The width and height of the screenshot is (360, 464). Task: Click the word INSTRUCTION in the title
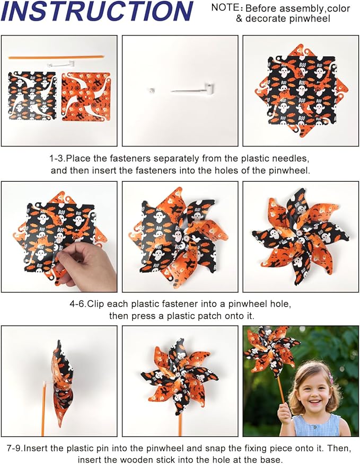[x=98, y=12]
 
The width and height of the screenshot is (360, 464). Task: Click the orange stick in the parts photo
[x=56, y=57]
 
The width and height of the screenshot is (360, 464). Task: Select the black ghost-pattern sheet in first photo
[x=32, y=96]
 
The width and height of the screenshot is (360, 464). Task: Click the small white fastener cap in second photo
[x=151, y=91]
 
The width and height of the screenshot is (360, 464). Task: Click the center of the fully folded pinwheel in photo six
[x=300, y=237]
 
